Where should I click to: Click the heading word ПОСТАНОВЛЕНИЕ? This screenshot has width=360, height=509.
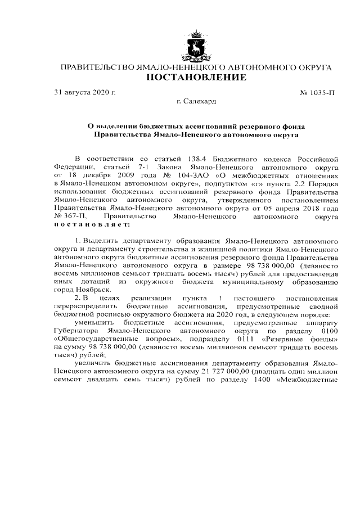coord(196,78)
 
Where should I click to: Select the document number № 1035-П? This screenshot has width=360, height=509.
coord(318,92)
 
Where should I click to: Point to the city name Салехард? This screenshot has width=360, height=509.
coord(199,101)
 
